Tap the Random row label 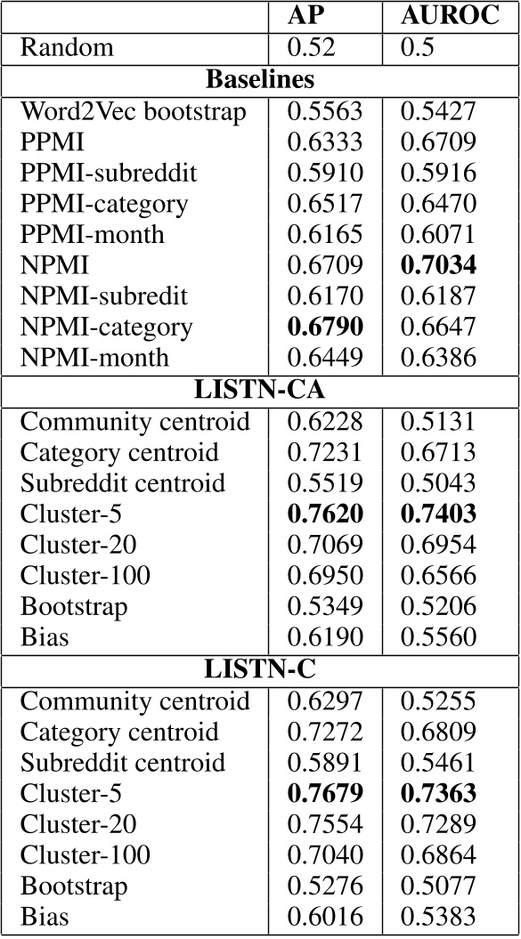click(x=67, y=47)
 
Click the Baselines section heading click(x=260, y=78)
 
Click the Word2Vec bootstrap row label click(x=133, y=110)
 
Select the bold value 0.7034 click(x=438, y=265)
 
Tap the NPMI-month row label click(x=94, y=358)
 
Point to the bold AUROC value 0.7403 click(x=438, y=514)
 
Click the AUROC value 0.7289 click(x=437, y=824)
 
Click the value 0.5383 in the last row click(x=437, y=917)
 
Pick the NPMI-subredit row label click(x=104, y=295)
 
